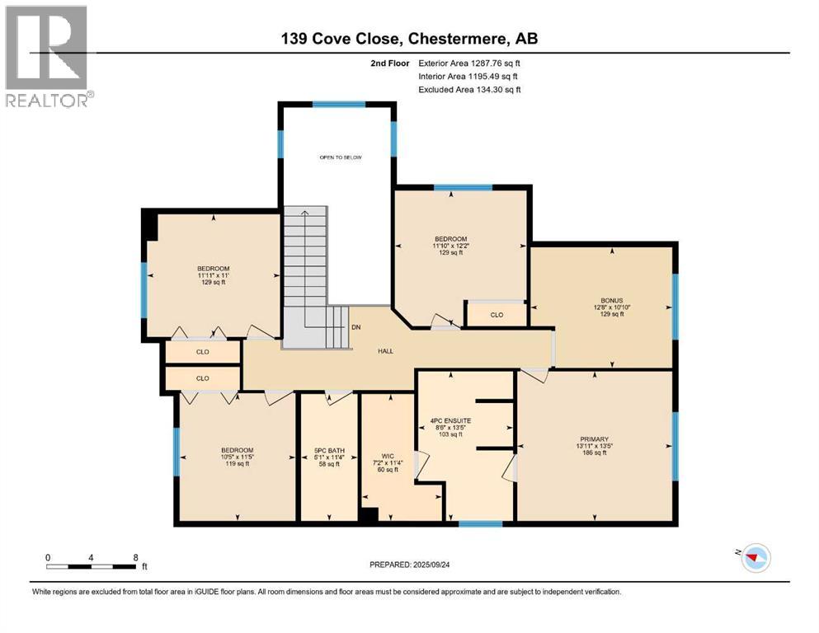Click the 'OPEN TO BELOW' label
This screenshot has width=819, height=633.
(x=341, y=157)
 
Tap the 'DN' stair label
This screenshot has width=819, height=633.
(x=355, y=327)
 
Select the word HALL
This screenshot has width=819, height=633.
(x=385, y=351)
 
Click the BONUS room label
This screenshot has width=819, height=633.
(x=612, y=301)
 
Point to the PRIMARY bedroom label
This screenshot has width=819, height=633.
(x=595, y=439)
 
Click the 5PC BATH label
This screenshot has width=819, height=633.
(x=329, y=450)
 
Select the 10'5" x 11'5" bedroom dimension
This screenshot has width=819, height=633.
(x=238, y=457)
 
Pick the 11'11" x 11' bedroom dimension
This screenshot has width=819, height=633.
(x=213, y=275)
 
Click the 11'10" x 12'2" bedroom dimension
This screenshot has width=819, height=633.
(x=451, y=246)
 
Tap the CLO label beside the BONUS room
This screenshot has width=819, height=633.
(x=497, y=315)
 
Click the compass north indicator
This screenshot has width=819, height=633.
(x=753, y=558)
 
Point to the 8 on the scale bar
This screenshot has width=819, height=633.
(x=136, y=557)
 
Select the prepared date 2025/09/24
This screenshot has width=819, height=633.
(x=431, y=565)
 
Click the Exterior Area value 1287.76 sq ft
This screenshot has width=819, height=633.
(x=495, y=63)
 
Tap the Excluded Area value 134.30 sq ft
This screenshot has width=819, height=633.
(x=498, y=89)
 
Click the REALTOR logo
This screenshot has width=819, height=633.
(x=49, y=56)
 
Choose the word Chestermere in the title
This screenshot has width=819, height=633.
(x=457, y=39)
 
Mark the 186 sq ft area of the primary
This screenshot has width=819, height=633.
(x=595, y=453)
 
